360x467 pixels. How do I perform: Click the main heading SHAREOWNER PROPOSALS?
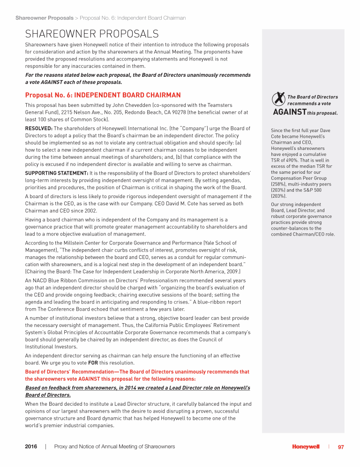(92, 34)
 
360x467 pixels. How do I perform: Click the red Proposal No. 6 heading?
(103, 96)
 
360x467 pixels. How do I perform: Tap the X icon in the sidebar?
(278, 99)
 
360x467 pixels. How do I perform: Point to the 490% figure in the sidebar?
(292, 160)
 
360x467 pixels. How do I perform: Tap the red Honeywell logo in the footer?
(306, 447)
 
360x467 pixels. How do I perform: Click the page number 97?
(341, 447)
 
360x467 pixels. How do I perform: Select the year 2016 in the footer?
(31, 447)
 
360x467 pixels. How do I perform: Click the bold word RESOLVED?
(39, 128)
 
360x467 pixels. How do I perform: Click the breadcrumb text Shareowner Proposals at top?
(44, 18)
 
